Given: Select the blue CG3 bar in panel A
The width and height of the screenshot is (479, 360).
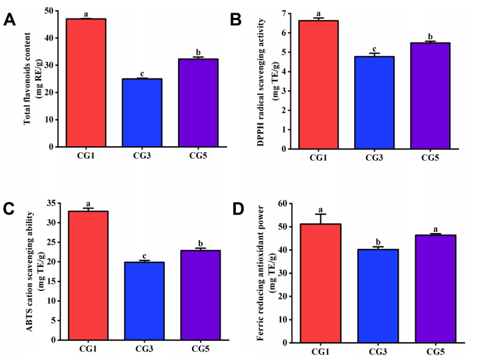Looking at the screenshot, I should pos(142,112).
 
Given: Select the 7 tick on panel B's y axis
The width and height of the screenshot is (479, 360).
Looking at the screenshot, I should pos(284,13).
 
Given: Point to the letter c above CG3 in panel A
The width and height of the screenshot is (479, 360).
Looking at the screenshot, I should pos(142,72).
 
